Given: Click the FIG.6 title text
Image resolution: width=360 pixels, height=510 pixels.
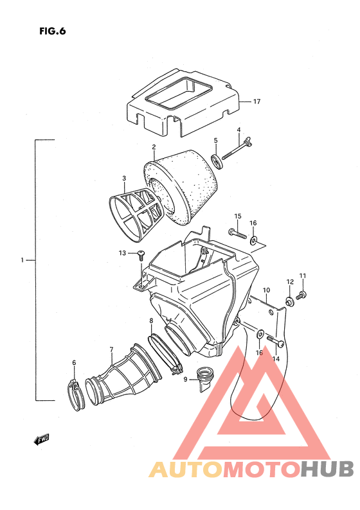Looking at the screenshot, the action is coord(53,31).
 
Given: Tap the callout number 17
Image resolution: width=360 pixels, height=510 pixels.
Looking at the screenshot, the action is coord(256,101).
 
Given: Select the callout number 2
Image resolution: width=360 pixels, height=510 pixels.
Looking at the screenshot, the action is coord(154,147).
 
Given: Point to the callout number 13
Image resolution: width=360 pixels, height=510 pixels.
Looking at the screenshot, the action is coord(122,252).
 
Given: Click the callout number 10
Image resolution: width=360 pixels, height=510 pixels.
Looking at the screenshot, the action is coord(266,290).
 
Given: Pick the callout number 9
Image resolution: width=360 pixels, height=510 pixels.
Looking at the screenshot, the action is coord(185,379).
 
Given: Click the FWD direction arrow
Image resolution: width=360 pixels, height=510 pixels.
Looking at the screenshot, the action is coord(41,439).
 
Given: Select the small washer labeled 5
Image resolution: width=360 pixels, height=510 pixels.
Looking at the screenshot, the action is coord(217,162).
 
